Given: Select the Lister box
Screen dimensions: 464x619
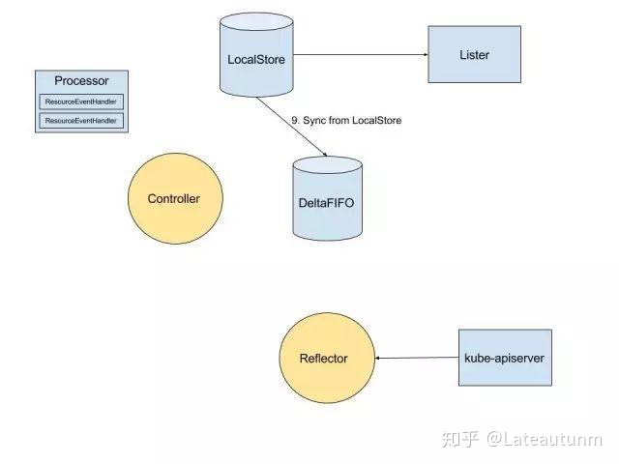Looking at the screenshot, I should click(473, 55).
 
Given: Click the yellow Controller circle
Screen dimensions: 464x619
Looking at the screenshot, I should click(173, 199).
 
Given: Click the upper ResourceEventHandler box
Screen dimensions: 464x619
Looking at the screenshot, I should click(82, 101).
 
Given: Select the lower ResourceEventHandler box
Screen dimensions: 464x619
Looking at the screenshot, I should click(82, 120).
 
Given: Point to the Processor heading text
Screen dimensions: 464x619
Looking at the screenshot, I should click(81, 82).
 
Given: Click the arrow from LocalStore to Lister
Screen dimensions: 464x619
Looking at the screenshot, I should click(358, 55).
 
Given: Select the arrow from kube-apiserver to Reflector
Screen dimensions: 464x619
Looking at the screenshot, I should click(416, 359).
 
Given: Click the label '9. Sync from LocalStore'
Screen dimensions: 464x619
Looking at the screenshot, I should click(345, 120).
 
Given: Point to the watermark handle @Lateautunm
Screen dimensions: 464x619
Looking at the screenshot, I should click(545, 440).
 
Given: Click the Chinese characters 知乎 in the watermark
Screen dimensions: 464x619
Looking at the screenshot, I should click(460, 440).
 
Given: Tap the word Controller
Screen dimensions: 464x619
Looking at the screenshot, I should click(173, 199).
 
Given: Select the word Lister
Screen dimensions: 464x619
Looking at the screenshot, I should click(473, 55).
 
